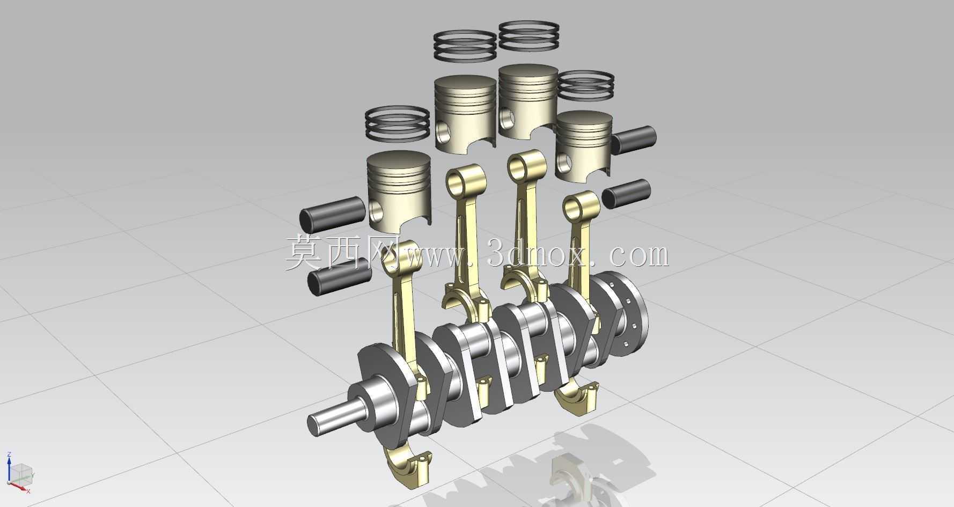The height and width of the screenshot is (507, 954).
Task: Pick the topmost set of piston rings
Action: point(529,36)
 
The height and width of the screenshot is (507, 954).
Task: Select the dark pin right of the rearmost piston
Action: point(634,139)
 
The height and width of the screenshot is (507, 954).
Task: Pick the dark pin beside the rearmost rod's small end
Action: point(626,194)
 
